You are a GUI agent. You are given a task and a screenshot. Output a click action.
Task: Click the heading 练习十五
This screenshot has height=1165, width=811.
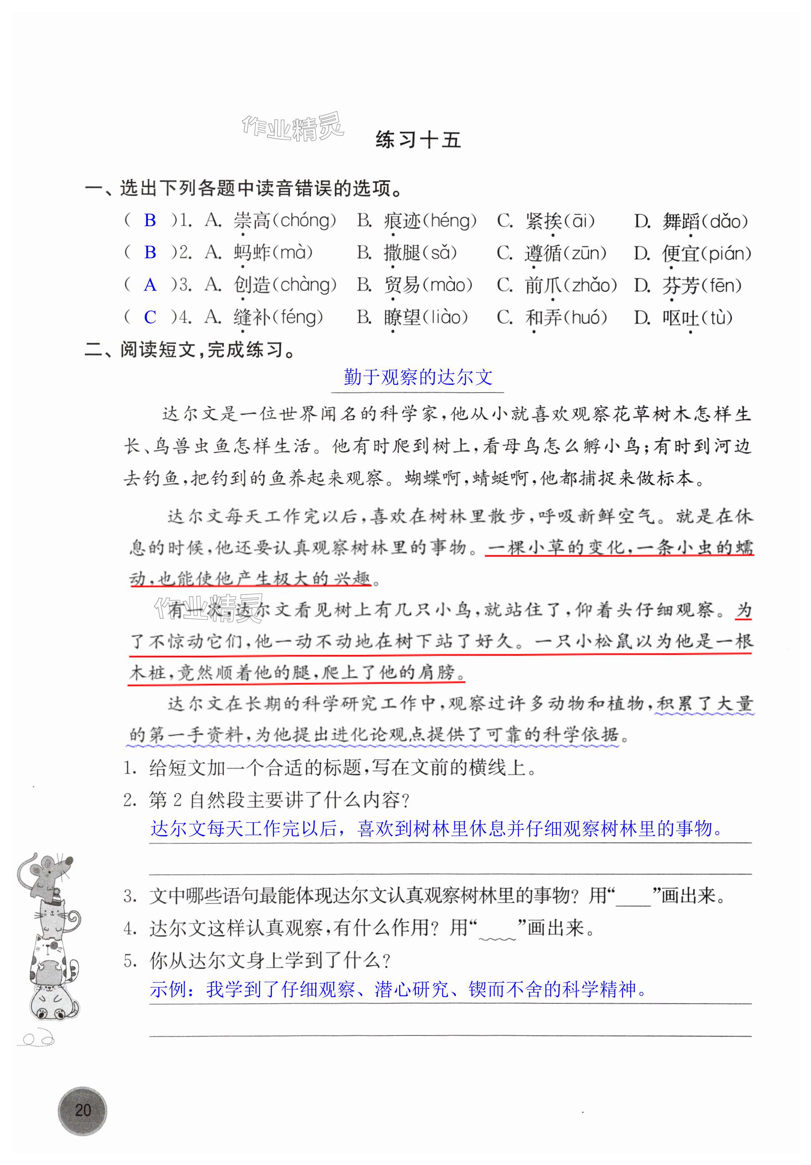pos(418,140)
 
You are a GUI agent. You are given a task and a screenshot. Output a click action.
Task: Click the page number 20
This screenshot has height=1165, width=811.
pos(83,1110)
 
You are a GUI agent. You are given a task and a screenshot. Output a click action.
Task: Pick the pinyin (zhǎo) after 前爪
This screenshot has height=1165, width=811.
pos(590,285)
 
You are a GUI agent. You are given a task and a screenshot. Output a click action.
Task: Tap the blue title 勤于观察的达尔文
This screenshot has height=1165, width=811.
pos(418,377)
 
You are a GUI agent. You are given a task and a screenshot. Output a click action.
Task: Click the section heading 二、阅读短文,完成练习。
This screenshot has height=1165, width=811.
pos(190,349)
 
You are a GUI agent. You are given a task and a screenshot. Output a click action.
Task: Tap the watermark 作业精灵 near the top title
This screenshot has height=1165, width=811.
pos(293,126)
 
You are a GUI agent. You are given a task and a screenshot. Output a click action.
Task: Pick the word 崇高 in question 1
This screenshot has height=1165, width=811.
pos(252,221)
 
